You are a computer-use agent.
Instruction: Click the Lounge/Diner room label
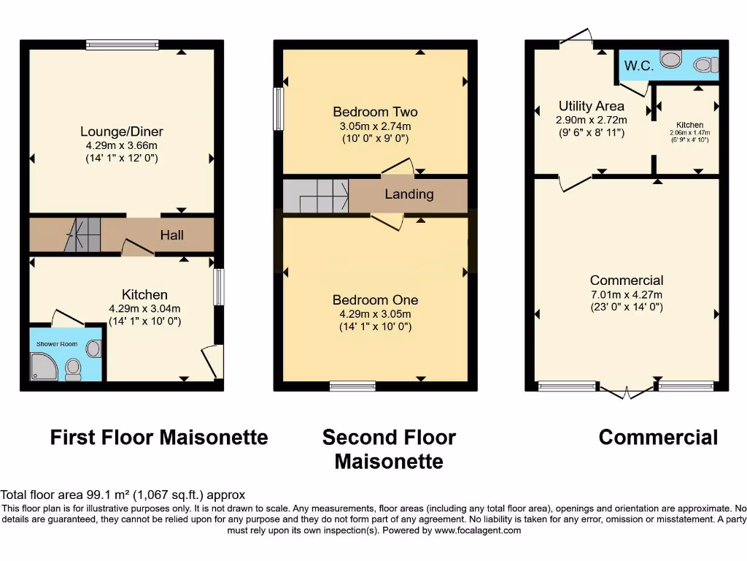click(x=121, y=131)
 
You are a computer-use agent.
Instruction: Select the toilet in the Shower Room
click(x=73, y=370)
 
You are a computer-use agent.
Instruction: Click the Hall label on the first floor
click(x=172, y=234)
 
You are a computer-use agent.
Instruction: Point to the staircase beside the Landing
click(x=315, y=195)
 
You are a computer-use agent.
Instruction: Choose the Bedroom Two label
click(x=375, y=112)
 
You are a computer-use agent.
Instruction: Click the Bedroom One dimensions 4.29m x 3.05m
click(x=375, y=314)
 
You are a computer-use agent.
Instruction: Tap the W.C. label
click(x=638, y=65)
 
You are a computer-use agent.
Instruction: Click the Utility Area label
click(x=591, y=106)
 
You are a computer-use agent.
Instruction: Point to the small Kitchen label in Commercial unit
click(x=689, y=125)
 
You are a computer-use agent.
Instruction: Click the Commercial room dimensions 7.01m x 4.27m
click(x=626, y=294)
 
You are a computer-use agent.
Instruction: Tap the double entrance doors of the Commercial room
click(x=626, y=391)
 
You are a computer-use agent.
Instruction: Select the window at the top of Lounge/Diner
click(x=122, y=45)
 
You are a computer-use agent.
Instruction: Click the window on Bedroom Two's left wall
click(x=278, y=110)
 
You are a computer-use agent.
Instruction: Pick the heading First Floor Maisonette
click(x=159, y=438)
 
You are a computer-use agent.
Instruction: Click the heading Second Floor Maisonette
click(x=389, y=449)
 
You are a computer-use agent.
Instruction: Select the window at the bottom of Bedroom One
click(x=352, y=386)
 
